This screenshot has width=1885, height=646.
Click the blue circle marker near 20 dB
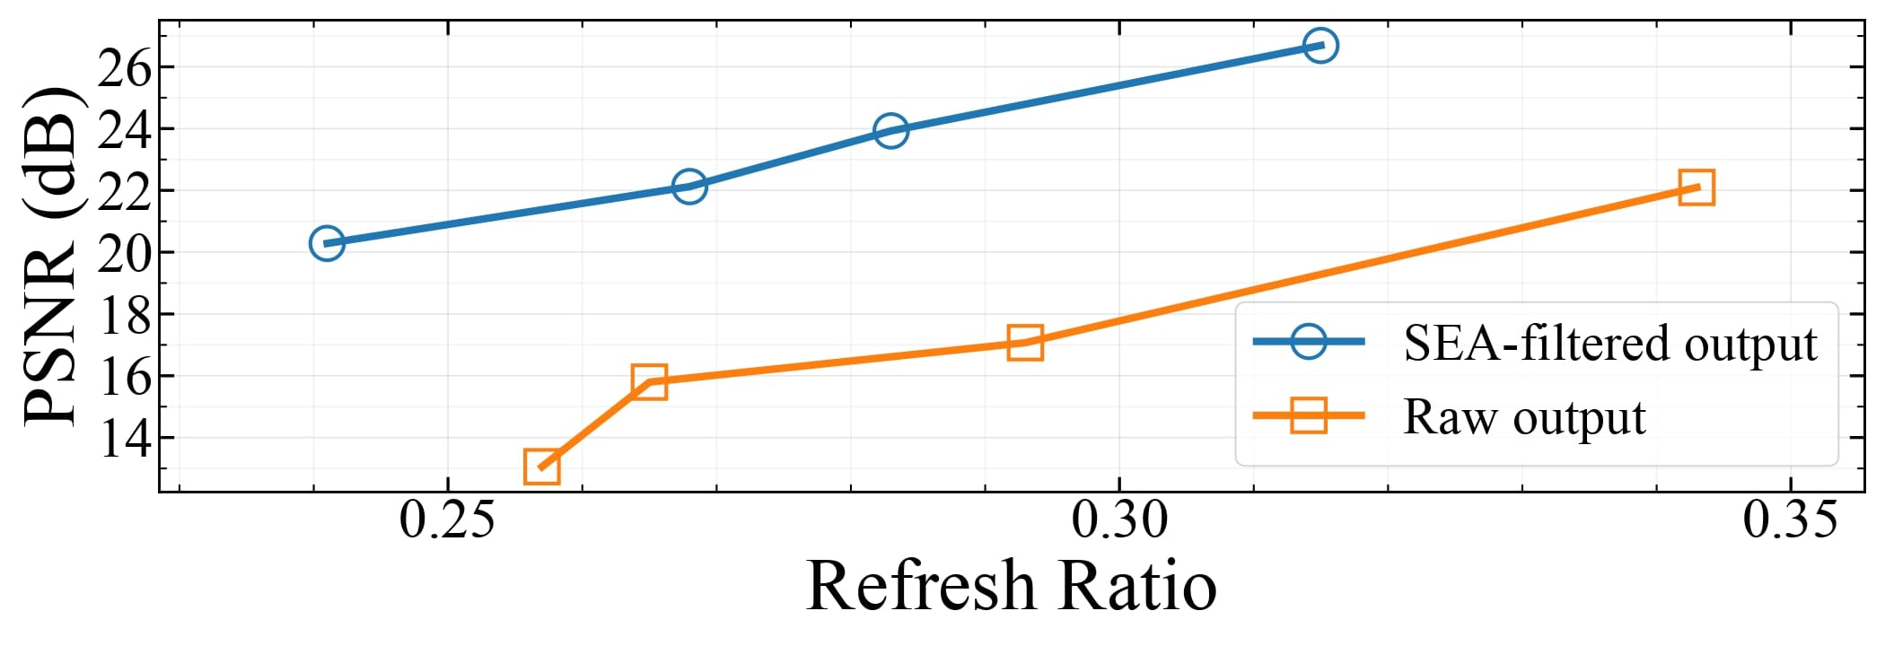pos(327,242)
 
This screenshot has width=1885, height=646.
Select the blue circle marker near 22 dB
pos(688,187)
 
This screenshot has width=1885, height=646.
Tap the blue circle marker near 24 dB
pos(890,131)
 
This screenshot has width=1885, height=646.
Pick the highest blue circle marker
pos(1320,45)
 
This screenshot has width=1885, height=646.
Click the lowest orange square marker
pos(541,467)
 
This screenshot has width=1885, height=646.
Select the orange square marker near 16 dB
pos(649,381)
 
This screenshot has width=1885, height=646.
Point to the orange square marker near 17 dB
pos(1025,343)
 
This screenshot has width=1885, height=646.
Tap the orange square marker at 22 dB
pos(1696,188)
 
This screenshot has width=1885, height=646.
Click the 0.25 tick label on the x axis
pos(447,520)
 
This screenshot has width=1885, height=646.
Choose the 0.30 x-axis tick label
pos(1119,520)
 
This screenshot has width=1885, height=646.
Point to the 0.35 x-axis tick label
pos(1791,520)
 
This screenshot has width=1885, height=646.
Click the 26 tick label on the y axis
pos(124,68)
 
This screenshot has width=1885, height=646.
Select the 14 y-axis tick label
pos(124,439)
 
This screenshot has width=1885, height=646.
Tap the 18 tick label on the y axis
pos(124,315)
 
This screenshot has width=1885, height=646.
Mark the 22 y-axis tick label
pos(124,192)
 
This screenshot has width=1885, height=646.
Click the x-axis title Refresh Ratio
pos(1012,585)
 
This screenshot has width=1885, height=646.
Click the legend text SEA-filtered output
pos(1610,344)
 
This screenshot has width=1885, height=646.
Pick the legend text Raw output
pos(1524,417)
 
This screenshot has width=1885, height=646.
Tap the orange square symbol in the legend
pos(1309,415)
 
